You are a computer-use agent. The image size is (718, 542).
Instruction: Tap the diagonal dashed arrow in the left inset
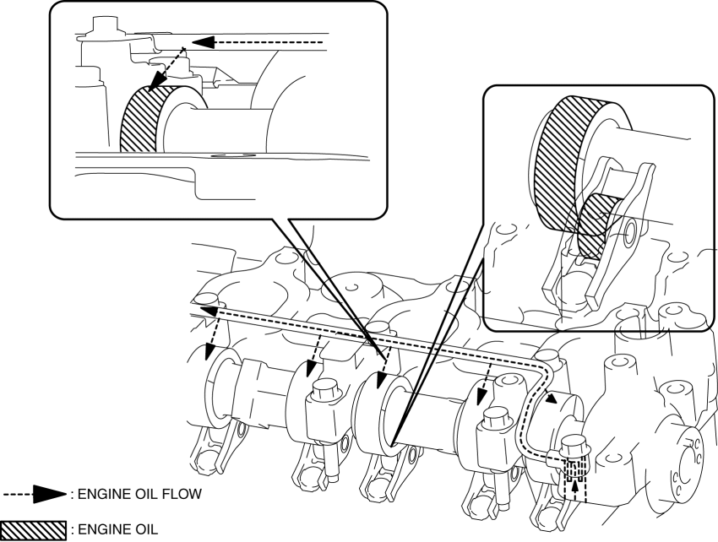(165, 68)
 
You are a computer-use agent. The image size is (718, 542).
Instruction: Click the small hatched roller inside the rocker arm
(596, 223)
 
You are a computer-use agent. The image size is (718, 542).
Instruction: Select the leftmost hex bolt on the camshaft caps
(325, 393)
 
